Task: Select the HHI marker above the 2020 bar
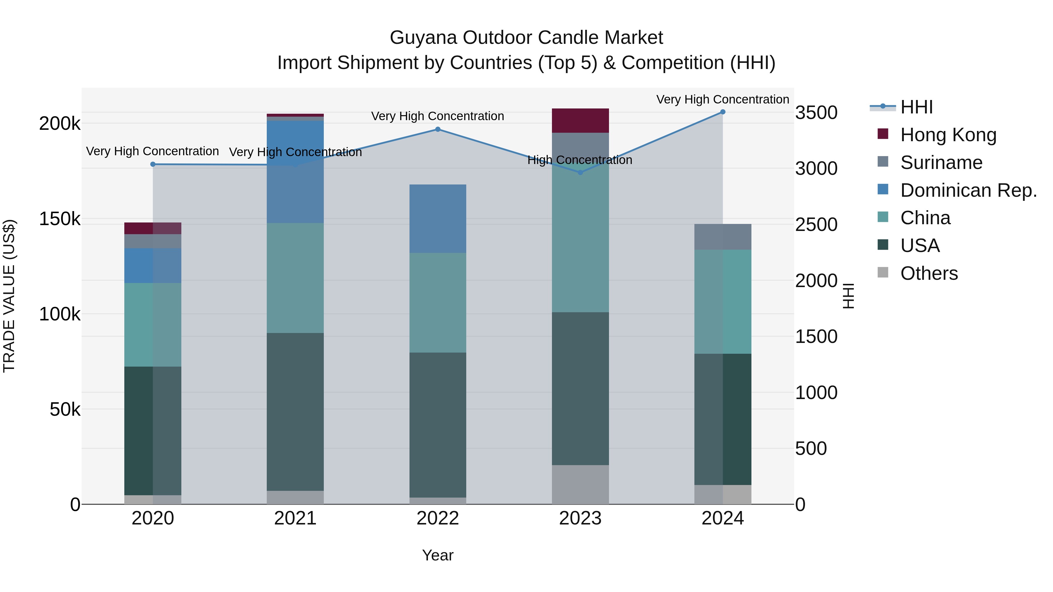(153, 164)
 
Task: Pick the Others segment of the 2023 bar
(580, 484)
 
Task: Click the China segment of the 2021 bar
(295, 278)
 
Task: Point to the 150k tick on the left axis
(60, 219)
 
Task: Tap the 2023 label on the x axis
(580, 518)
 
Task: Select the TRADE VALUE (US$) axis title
(9, 296)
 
